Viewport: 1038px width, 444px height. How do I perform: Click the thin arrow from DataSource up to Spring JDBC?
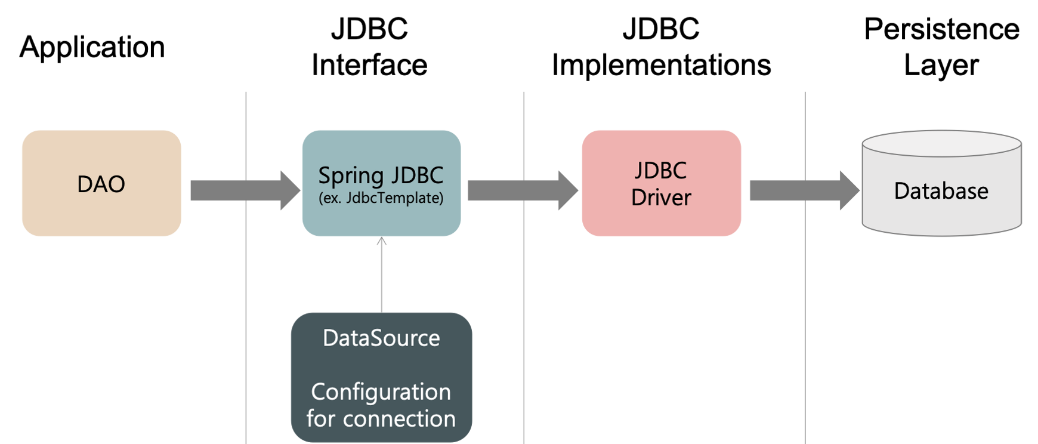(381, 275)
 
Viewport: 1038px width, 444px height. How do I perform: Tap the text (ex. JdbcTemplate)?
(381, 198)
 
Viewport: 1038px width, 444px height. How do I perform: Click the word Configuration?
(381, 392)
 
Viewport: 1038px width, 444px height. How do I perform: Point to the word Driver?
(661, 198)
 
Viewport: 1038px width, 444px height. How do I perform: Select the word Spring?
(351, 175)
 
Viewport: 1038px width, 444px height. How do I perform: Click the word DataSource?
(381, 338)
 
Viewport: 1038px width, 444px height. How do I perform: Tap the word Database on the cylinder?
(941, 191)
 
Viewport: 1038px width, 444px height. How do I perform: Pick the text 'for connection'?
(381, 418)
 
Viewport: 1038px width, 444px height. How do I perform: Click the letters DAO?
(101, 184)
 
